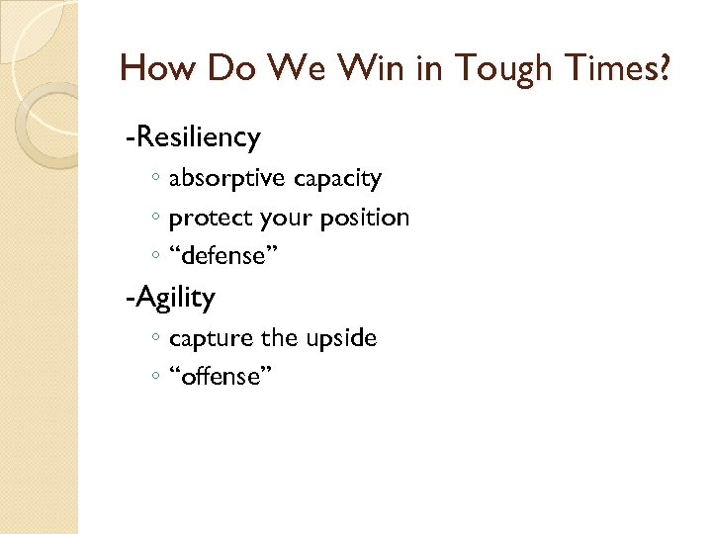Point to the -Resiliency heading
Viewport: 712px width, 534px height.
point(193,136)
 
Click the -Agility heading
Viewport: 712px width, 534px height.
point(170,296)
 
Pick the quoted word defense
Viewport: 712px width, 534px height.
point(223,256)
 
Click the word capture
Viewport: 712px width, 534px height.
point(212,338)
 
